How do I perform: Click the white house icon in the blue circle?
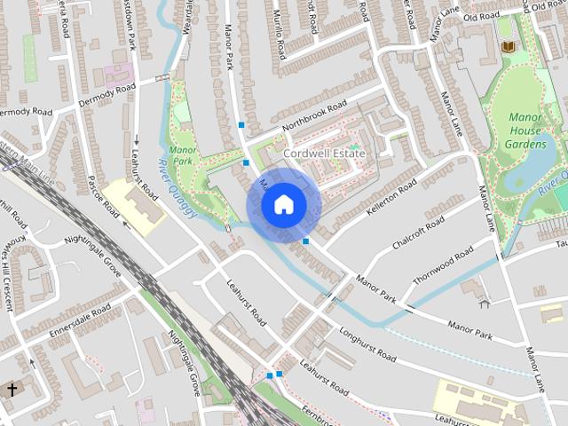tap(283, 205)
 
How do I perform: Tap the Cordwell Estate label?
tap(324, 154)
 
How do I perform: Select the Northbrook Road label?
tap(314, 118)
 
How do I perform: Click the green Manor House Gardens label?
tap(538, 130)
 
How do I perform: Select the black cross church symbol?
tap(12, 389)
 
